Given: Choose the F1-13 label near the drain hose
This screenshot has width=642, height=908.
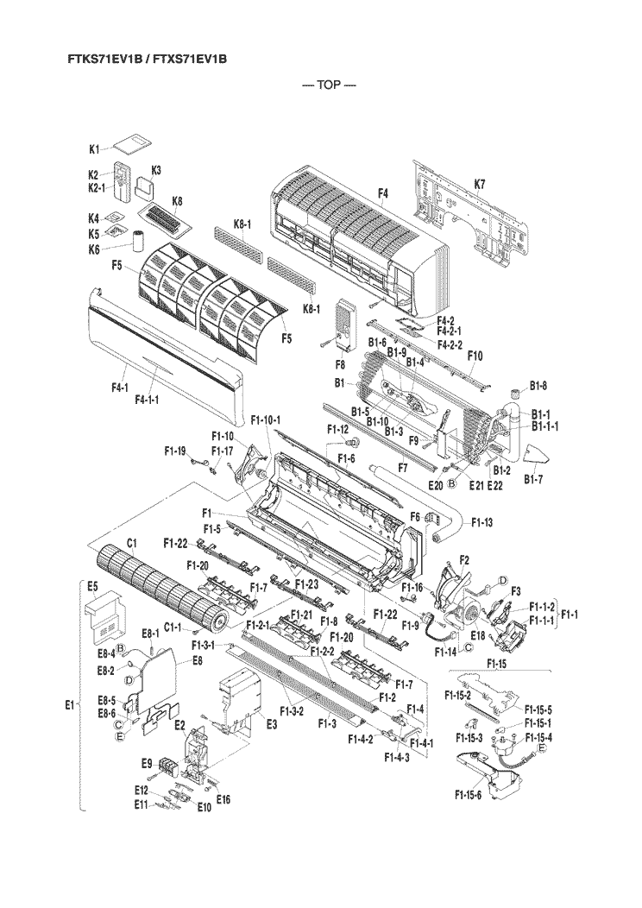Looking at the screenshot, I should [481, 522].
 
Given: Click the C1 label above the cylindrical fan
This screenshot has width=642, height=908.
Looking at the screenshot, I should [133, 543].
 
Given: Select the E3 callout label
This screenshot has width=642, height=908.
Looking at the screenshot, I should [270, 723].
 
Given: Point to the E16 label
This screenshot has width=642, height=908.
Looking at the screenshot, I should [223, 798].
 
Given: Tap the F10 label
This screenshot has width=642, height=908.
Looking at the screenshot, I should [475, 356].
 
